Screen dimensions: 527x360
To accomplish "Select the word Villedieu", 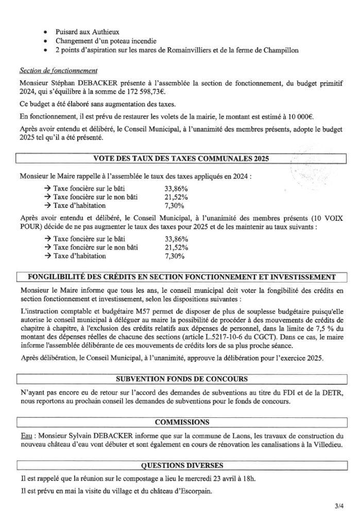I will click(x=322, y=444).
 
